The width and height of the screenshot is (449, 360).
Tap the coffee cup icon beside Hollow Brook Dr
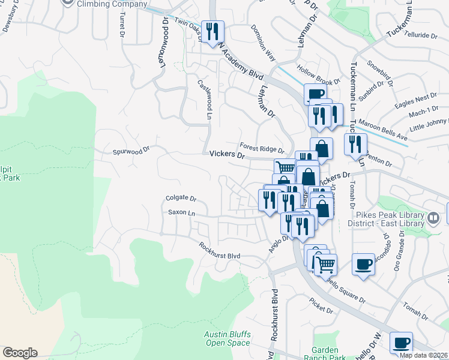click(x=315, y=95)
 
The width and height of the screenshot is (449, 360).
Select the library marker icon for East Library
click(x=433, y=217)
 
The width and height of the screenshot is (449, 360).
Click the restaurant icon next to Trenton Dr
click(x=355, y=144)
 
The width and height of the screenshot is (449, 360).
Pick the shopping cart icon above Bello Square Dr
click(x=325, y=264)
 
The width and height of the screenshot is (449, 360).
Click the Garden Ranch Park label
click(x=329, y=353)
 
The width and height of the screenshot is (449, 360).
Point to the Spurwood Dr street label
click(x=131, y=151)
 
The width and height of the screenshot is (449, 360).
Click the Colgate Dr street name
click(x=181, y=198)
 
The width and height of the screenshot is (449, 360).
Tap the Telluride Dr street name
click(x=421, y=35)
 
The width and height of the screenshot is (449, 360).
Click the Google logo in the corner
click(x=19, y=353)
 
